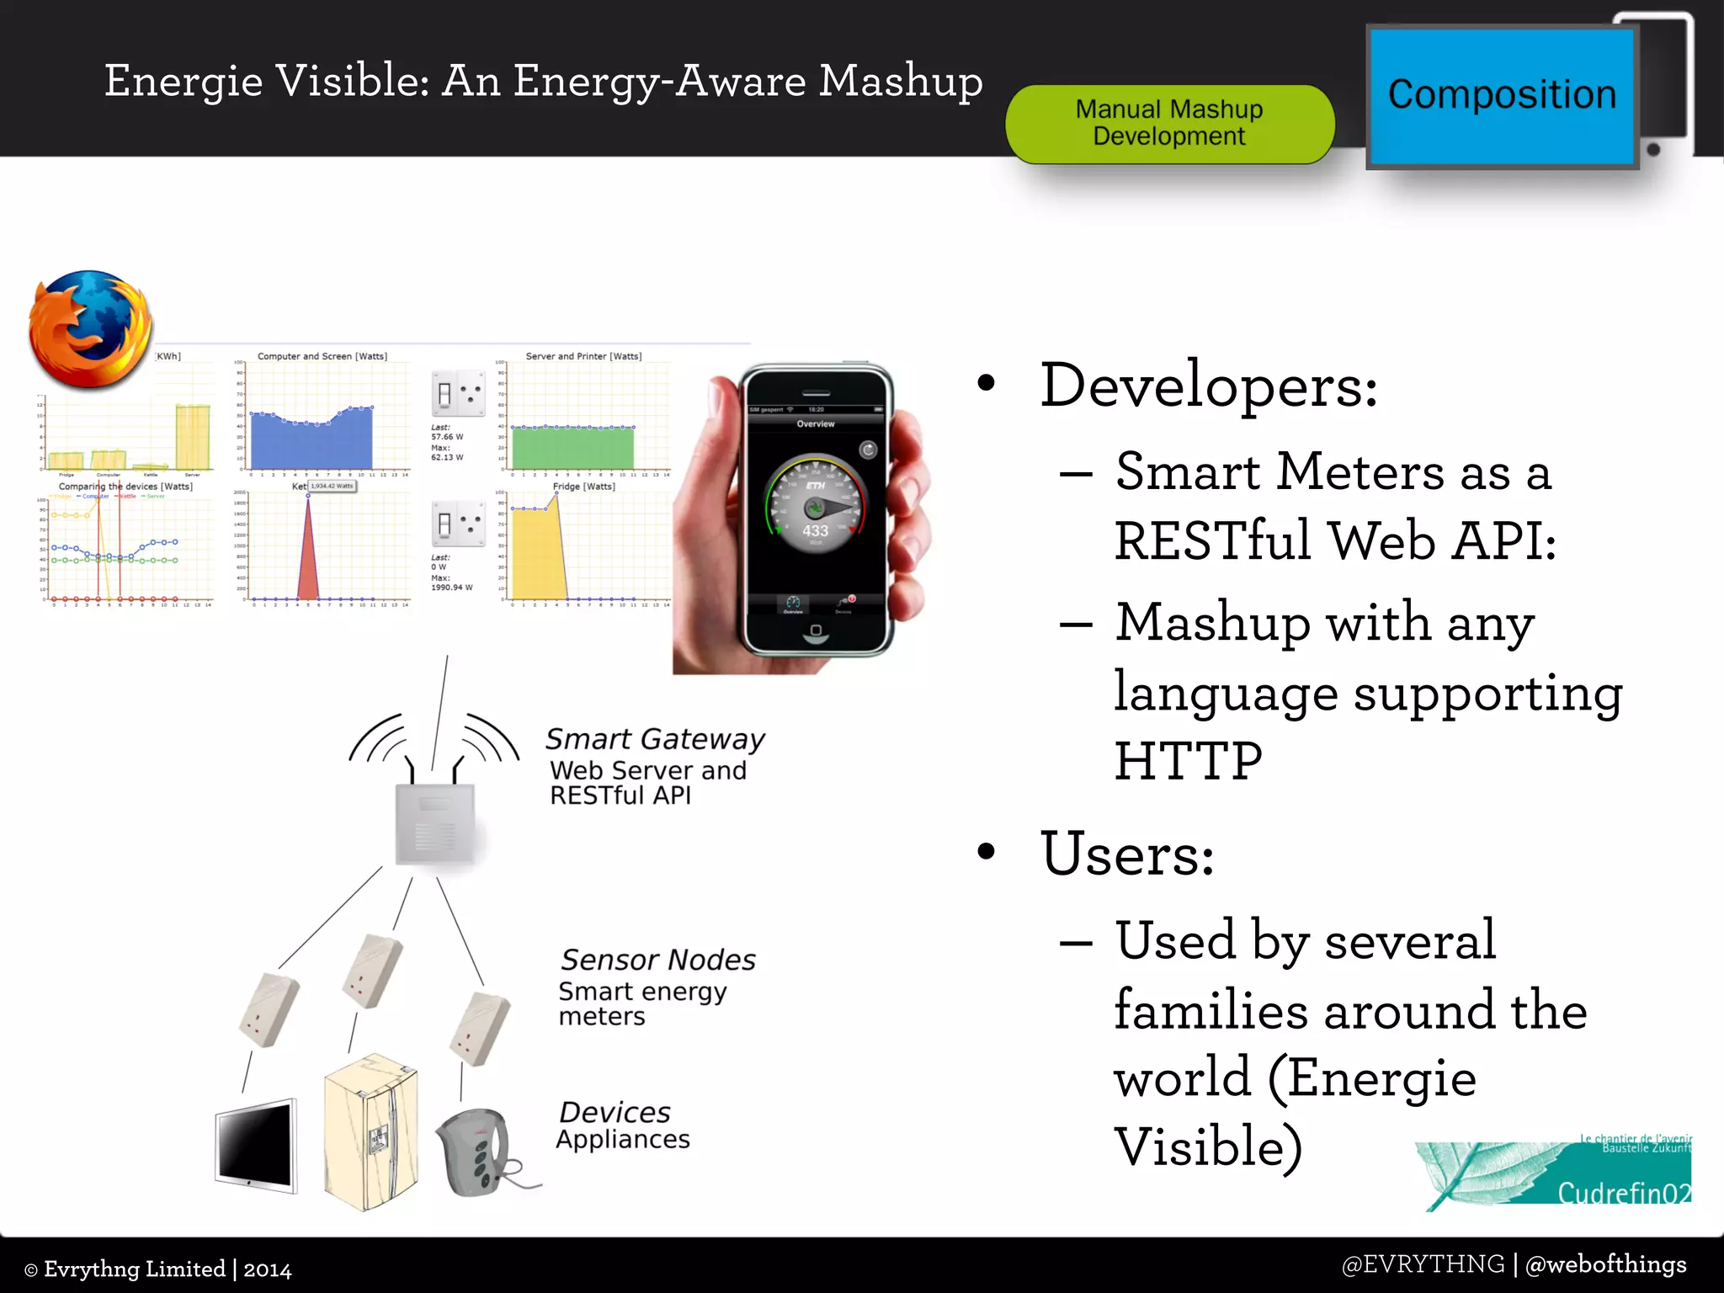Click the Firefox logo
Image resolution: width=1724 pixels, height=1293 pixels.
[x=91, y=330]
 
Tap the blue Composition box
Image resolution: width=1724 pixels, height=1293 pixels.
[x=1501, y=96]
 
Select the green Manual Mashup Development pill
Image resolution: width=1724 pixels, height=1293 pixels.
[x=1169, y=123]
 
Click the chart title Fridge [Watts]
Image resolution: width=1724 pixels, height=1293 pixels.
[x=583, y=487]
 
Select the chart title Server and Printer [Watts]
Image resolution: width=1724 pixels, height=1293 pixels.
[x=583, y=356]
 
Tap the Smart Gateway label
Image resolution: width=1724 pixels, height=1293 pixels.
[x=654, y=739]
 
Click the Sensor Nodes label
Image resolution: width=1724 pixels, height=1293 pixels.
[x=657, y=960]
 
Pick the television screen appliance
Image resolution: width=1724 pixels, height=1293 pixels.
[x=255, y=1145]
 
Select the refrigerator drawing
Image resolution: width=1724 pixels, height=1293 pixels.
[x=370, y=1132]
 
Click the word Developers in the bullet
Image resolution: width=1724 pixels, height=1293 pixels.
[x=1208, y=386]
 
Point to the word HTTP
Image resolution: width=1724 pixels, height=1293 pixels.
[x=1188, y=761]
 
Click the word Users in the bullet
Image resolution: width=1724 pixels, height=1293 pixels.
[x=1126, y=854]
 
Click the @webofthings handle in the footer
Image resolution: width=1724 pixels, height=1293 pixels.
[x=1605, y=1264]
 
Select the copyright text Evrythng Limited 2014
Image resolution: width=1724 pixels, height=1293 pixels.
[x=158, y=1269]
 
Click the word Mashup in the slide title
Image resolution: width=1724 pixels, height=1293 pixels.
[x=900, y=82]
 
